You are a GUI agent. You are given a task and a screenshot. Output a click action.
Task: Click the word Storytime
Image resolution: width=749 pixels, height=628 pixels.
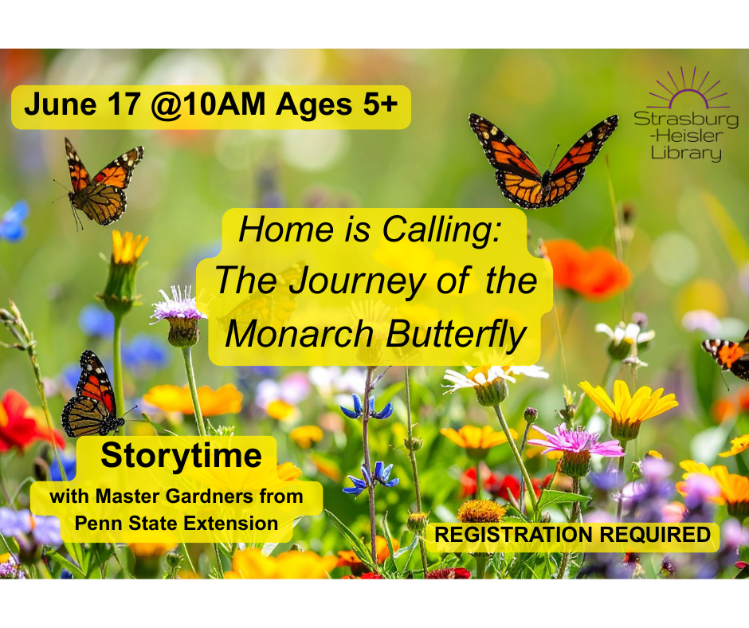(181, 457)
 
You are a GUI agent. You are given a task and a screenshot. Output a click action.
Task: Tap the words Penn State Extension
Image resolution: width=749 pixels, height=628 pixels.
(175, 524)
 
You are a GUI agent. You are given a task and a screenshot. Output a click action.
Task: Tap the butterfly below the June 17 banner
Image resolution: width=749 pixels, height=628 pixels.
(100, 183)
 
